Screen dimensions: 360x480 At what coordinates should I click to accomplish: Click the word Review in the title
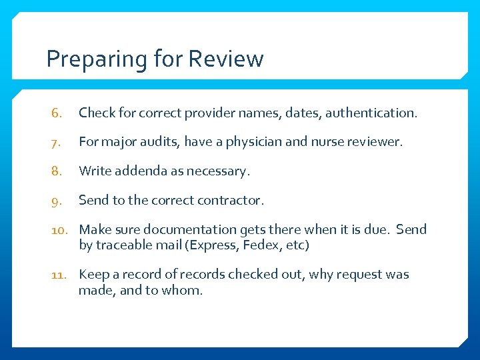point(226,59)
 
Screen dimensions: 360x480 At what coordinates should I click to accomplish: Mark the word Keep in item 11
point(93,275)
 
